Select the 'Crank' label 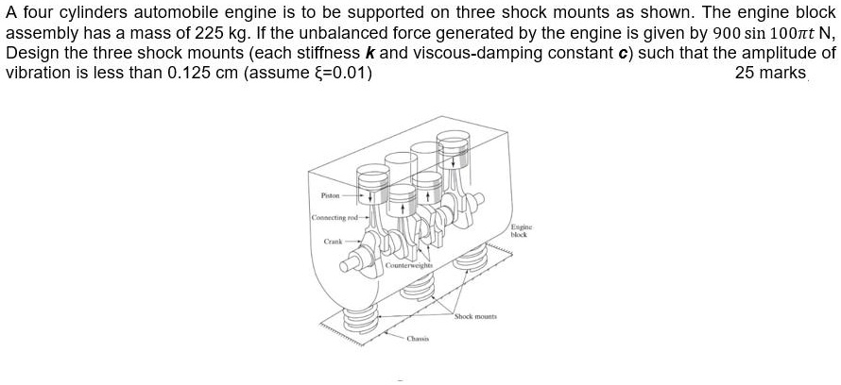334,241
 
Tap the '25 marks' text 769,73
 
